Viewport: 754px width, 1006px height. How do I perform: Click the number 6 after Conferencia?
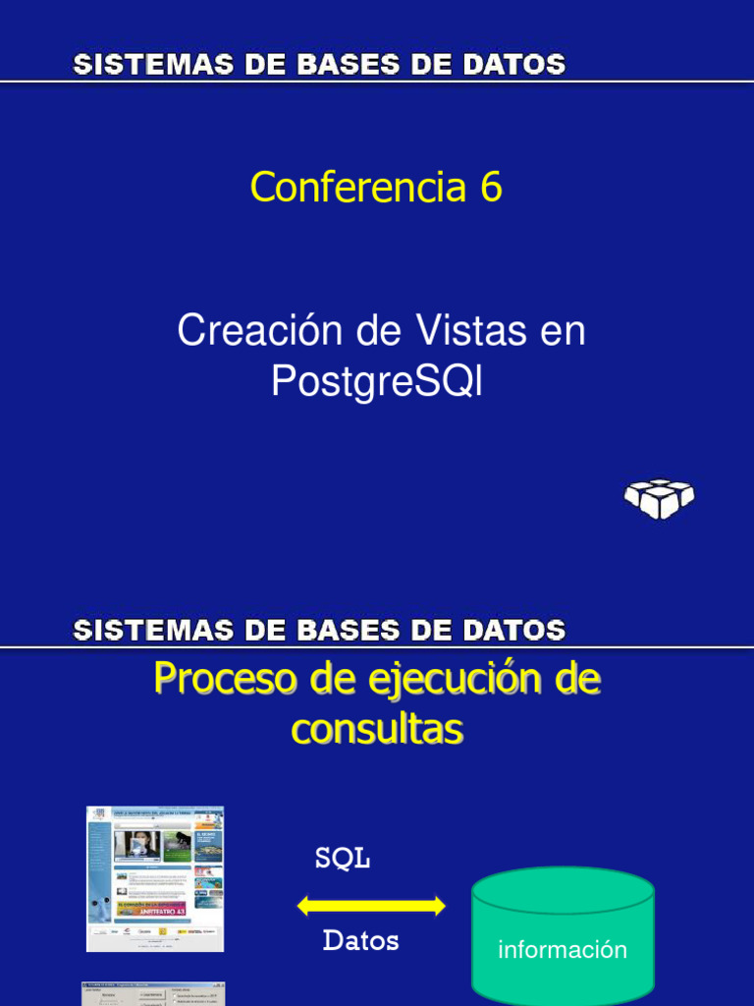click(491, 187)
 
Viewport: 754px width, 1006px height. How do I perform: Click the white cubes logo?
click(659, 498)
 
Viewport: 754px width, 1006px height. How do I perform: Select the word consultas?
click(377, 729)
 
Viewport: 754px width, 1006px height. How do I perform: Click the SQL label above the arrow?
click(342, 859)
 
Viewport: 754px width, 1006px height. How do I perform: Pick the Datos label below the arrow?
click(360, 941)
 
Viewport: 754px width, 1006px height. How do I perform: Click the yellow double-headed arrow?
click(371, 906)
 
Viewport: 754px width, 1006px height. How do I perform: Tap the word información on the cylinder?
click(562, 949)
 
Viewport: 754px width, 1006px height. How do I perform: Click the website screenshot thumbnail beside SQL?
click(155, 878)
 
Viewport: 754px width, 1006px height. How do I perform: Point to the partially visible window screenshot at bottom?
click(153, 993)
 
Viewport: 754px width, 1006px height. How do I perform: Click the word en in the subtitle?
click(563, 331)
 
